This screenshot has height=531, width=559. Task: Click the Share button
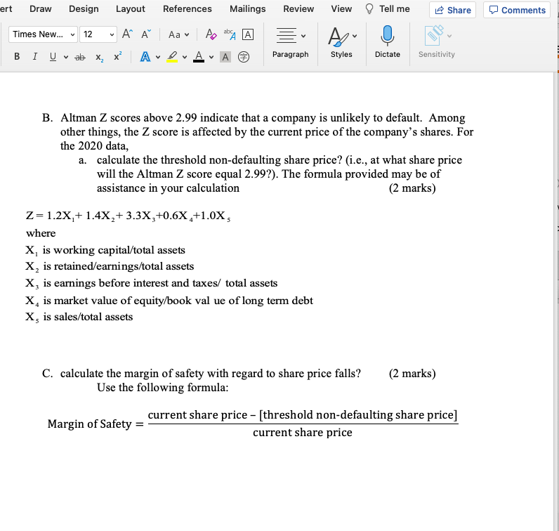453,10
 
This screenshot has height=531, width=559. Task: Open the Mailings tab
247,8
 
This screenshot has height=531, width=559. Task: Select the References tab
187,8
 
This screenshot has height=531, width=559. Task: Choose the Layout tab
130,8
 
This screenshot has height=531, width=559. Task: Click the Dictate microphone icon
387,34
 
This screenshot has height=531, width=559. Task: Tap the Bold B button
16,55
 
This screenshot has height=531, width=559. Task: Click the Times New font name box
39,34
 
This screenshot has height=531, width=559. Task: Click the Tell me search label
393,8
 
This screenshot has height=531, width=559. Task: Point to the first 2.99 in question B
178,118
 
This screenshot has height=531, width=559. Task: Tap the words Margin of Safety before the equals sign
89,424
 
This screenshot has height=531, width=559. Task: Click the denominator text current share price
302,433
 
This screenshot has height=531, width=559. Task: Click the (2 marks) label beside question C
412,373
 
